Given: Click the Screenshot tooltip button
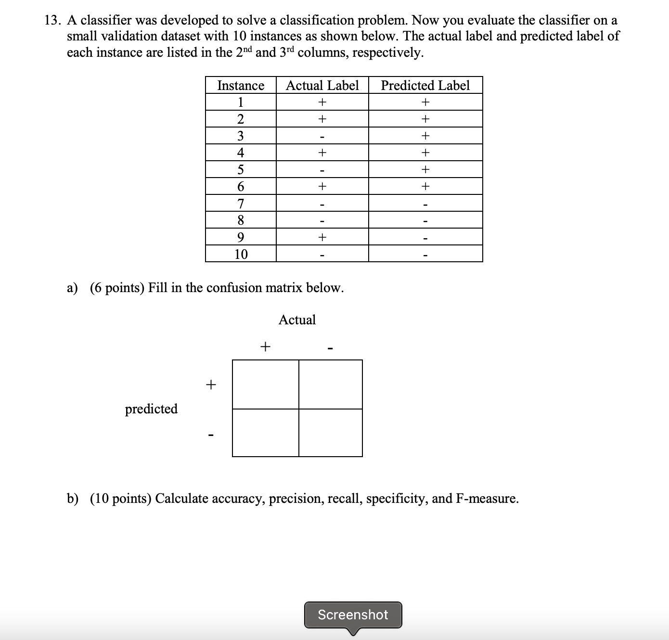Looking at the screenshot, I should (353, 614).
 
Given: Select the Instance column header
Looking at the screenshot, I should (241, 85).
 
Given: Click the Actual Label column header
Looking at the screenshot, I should (322, 85).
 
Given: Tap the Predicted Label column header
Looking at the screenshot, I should (425, 85).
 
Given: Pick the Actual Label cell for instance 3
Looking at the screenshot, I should (322, 136).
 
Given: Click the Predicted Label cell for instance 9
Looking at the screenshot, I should (425, 237).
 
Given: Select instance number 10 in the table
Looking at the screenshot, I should (241, 254).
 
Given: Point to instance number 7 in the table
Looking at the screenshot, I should (241, 204).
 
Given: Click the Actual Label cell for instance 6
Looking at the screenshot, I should (322, 186).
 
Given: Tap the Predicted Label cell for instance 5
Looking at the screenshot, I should (425, 169).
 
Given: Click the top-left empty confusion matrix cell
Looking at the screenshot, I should (265, 384).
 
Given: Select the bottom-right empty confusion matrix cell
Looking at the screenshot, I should (330, 433).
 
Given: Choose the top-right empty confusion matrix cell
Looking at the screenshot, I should (330, 384).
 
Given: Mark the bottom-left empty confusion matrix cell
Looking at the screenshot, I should (265, 433).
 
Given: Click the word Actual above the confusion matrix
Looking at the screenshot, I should (297, 320).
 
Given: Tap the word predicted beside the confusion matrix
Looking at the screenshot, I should (151, 409).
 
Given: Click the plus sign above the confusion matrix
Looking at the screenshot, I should (265, 346).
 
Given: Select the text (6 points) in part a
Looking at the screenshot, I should (117, 288).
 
